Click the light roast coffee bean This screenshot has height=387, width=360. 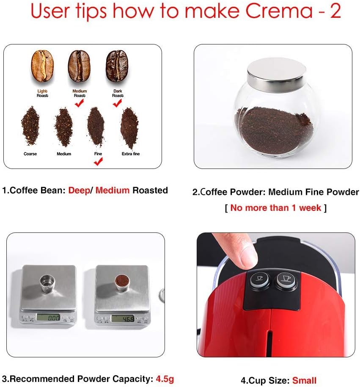click(42, 66)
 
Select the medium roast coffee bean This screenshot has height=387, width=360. click(79, 66)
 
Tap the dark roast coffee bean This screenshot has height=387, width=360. click(117, 66)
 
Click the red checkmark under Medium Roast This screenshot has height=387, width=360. click(80, 102)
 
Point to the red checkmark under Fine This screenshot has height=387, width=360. click(98, 161)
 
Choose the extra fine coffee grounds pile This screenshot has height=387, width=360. click(129, 127)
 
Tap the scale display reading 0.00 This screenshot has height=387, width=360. click(47, 317)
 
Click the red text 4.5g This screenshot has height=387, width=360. click(165, 379)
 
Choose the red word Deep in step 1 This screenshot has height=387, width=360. click(79, 190)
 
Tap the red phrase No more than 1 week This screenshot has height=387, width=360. click(276, 207)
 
